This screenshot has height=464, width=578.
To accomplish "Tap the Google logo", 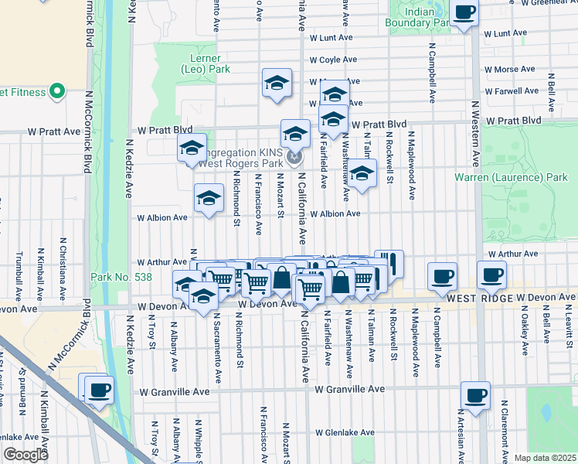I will coord(25,455).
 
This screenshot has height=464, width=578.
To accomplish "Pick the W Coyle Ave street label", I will coord(334,60).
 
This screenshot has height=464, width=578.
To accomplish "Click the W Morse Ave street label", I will coord(508,70).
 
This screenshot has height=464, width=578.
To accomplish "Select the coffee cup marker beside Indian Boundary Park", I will coord(464,13).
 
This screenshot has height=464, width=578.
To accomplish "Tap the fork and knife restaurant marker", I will coord(389,264).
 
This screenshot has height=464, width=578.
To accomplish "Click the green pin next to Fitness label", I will coord(56,93).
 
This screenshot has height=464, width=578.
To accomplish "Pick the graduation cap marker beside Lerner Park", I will coord(276,84).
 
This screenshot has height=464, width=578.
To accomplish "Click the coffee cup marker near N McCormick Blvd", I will coord(99,390).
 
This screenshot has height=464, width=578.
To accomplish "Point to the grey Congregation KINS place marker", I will coord(294,159).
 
